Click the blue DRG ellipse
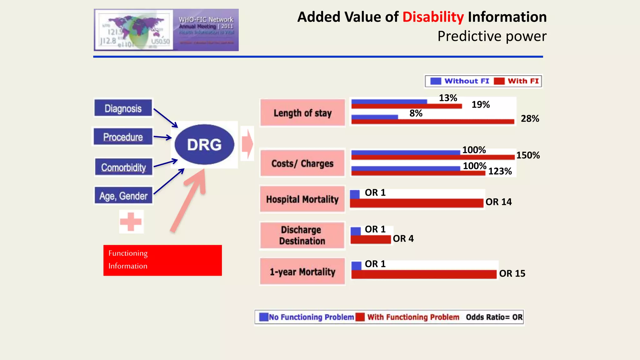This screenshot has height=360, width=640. coord(204,144)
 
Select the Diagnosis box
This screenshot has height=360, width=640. coord(123,108)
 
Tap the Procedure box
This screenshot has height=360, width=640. coord(123,137)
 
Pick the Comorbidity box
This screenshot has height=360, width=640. coord(124,167)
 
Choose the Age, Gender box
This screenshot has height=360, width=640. coord(123,196)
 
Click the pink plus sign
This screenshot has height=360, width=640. coord(131,222)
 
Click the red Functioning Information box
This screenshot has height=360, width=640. coord(162,260)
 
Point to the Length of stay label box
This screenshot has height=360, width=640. coord(302,113)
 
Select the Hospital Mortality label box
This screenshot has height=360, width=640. coord(302,199)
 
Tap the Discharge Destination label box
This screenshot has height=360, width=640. coord(302,235)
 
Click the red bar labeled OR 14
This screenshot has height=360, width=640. coord(417,203)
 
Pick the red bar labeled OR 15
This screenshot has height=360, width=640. coord(424,274)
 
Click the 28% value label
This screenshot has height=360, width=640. coord(530,119)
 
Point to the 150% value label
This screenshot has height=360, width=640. coord(528,155)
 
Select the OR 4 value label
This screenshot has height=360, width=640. coord(403,239)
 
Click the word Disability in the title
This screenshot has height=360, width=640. coord(433,17)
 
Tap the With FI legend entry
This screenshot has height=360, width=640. coord(517,81)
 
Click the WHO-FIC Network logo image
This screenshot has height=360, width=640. coord(166,30)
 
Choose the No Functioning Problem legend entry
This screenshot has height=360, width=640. coord(307,317)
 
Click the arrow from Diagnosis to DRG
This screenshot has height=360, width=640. coord(165,118)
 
